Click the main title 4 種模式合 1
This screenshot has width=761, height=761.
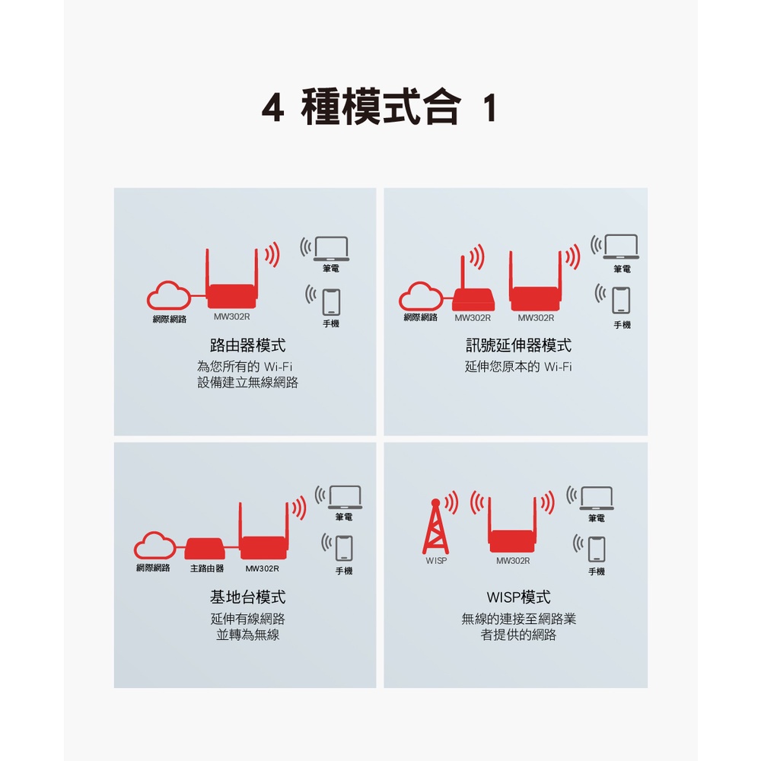(x=379, y=107)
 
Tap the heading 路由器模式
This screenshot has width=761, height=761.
(x=247, y=345)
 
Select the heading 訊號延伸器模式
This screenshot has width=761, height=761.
(x=518, y=345)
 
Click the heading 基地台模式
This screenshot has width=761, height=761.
(x=247, y=597)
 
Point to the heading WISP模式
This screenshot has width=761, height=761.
(x=518, y=597)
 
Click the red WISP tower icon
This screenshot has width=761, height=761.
(x=436, y=527)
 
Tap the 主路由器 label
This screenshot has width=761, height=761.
(x=207, y=568)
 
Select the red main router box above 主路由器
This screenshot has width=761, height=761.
(x=205, y=549)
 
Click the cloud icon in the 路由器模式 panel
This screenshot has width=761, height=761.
(x=169, y=295)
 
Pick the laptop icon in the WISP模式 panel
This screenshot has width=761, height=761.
(x=597, y=498)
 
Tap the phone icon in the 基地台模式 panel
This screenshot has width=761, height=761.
(x=344, y=549)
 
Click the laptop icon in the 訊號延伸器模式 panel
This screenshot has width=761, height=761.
(x=621, y=247)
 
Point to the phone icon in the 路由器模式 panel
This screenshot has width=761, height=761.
(x=332, y=302)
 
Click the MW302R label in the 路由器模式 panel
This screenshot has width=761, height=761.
(x=232, y=317)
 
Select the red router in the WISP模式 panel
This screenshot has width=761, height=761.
(x=512, y=525)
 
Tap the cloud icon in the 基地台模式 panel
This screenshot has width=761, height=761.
(x=155, y=546)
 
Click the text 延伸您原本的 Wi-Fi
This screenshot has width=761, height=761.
(x=518, y=367)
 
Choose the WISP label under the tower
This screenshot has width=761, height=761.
(x=436, y=561)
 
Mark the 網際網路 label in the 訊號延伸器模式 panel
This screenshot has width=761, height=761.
(x=420, y=317)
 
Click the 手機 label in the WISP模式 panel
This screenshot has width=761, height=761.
(x=597, y=572)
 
